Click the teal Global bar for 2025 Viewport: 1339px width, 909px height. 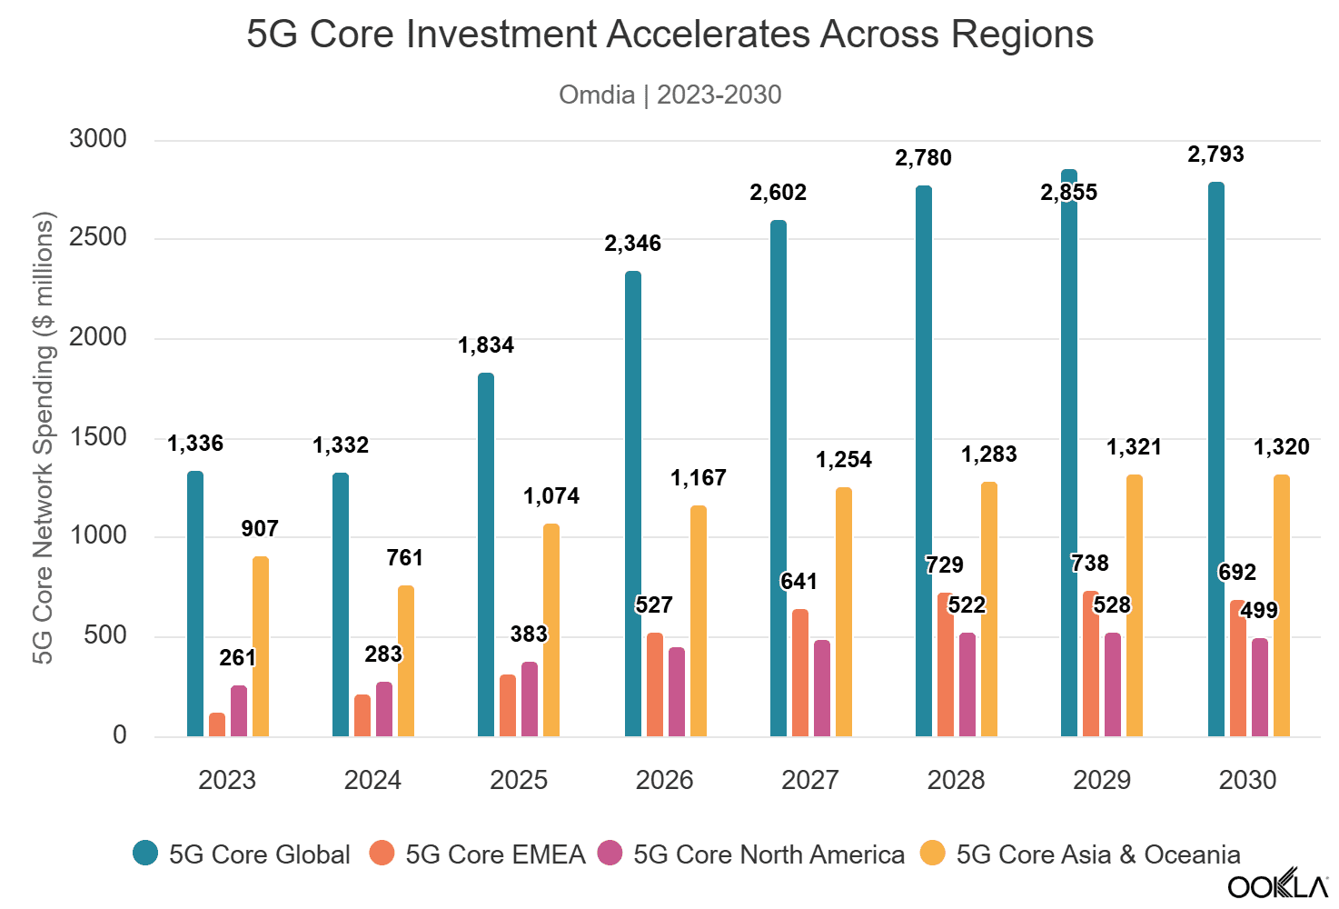tap(486, 554)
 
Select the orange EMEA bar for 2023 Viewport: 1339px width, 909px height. tap(217, 724)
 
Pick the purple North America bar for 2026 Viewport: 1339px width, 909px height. tap(677, 692)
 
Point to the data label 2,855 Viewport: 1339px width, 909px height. tap(1069, 193)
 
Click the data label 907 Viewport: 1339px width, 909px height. tap(260, 529)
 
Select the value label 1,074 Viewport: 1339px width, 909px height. tap(551, 496)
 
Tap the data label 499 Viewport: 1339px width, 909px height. tap(1259, 611)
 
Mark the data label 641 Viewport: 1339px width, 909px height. tap(799, 582)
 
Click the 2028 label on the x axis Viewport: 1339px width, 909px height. tap(956, 780)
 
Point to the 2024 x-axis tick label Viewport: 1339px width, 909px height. tap(372, 780)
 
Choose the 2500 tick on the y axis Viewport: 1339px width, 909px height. tap(98, 238)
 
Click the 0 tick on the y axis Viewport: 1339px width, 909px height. tap(120, 735)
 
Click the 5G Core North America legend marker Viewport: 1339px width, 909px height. tap(610, 854)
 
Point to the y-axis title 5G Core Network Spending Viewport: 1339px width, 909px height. tap(43, 436)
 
